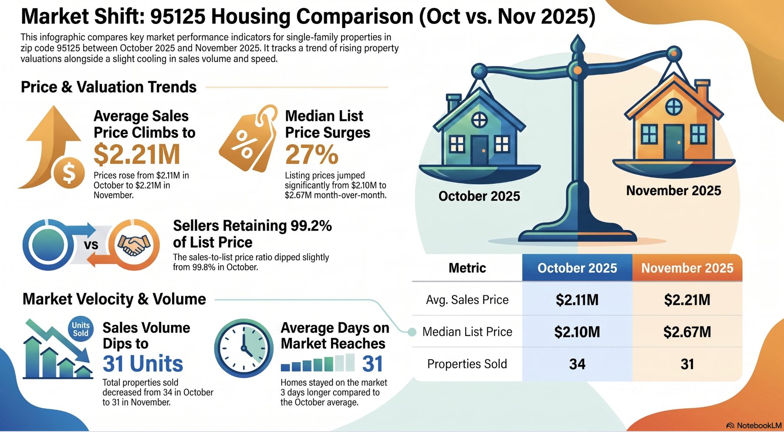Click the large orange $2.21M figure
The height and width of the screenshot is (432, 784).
click(x=137, y=154)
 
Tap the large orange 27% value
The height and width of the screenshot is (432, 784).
click(x=311, y=155)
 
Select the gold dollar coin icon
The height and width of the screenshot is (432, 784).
click(x=69, y=172)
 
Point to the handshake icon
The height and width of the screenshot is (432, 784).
click(x=134, y=245)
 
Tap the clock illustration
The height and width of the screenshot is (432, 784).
click(x=243, y=348)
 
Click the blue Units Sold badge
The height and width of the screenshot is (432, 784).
click(x=81, y=329)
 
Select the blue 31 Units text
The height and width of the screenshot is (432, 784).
click(x=143, y=364)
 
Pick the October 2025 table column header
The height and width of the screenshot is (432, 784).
click(x=577, y=268)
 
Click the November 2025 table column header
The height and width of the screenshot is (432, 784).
click(x=687, y=268)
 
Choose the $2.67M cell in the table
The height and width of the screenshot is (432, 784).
click(x=687, y=332)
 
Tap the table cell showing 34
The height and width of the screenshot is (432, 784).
click(x=577, y=364)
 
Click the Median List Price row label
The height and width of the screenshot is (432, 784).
click(x=467, y=332)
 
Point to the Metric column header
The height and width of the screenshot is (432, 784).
click(x=467, y=268)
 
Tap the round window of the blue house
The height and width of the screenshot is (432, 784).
click(x=480, y=119)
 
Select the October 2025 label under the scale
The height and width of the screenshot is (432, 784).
click(x=479, y=196)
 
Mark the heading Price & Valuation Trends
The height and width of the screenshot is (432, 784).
click(x=109, y=87)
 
